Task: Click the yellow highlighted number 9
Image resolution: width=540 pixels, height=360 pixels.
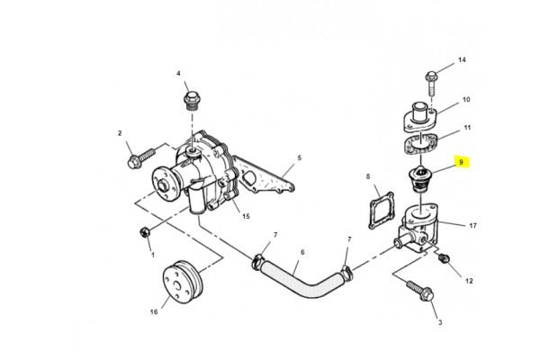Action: (x=462, y=162)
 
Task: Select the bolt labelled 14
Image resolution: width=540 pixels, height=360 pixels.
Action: (x=432, y=83)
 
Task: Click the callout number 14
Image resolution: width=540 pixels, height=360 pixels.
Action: (x=462, y=59)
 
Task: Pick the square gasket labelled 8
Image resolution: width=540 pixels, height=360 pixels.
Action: (x=382, y=210)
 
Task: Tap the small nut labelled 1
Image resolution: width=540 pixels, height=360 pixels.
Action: (x=145, y=232)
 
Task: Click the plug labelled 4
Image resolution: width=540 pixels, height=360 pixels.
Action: (x=192, y=101)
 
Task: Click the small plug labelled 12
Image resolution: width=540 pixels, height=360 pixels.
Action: (x=445, y=257)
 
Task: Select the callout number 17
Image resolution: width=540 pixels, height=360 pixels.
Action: (x=473, y=226)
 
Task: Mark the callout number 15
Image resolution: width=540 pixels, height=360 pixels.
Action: (x=246, y=216)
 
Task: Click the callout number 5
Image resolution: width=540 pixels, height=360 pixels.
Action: (x=300, y=157)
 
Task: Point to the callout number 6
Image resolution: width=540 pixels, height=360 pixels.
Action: (x=302, y=253)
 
